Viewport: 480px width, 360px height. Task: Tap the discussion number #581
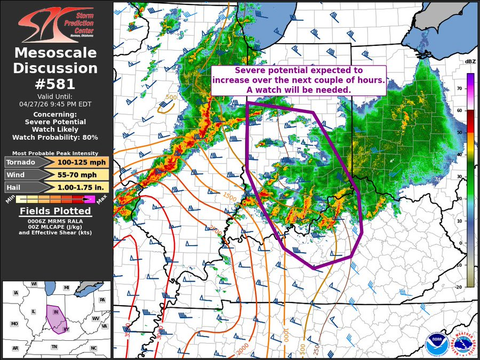pos(56,84)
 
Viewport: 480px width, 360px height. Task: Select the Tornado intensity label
pos(20,162)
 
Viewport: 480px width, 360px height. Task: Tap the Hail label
pos(15,187)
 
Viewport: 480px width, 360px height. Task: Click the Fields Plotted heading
pos(56,211)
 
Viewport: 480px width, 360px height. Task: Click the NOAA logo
pos(434,344)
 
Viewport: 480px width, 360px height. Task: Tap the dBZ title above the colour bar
pos(470,62)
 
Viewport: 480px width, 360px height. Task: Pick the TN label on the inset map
pos(54,347)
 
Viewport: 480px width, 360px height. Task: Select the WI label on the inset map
pos(34,284)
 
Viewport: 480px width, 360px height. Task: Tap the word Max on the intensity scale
pos(102,199)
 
